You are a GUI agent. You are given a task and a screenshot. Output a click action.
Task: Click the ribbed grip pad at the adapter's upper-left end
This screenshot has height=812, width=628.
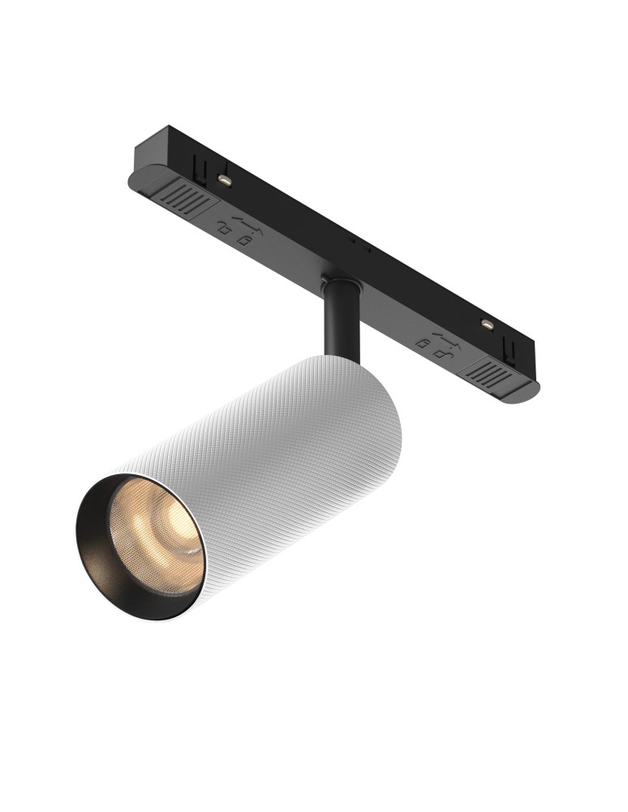click(185, 197)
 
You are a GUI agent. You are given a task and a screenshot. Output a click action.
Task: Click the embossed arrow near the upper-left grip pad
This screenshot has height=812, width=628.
click(243, 221)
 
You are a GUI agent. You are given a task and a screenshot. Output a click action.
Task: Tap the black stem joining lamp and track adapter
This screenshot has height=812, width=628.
click(342, 325)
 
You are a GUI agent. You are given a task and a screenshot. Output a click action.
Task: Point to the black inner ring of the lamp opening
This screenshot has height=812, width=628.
click(97, 560)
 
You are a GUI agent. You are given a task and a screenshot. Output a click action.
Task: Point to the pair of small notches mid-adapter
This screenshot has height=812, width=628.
click(358, 244)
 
